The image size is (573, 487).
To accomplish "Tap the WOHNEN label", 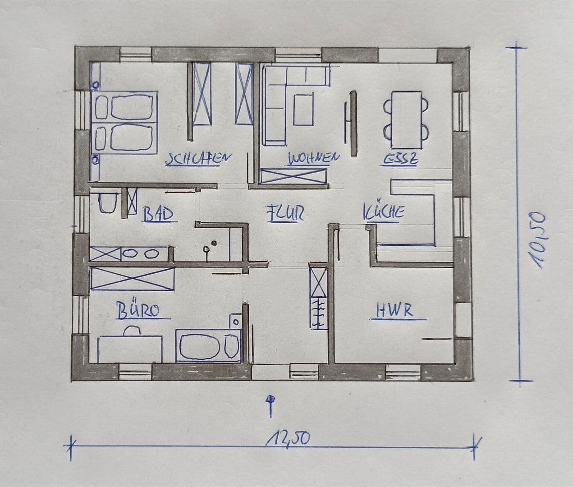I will coord(313,158).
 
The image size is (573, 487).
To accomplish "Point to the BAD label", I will coord(158,215).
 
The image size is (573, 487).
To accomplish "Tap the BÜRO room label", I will coord(138,311).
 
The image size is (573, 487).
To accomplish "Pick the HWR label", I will coord(394,311).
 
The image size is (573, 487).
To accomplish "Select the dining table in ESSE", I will coord(407,119).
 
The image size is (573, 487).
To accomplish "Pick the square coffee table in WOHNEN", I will coord(303,109).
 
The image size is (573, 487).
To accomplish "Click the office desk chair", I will coord(131,331).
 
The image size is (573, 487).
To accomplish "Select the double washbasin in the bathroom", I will coord(144,253).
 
